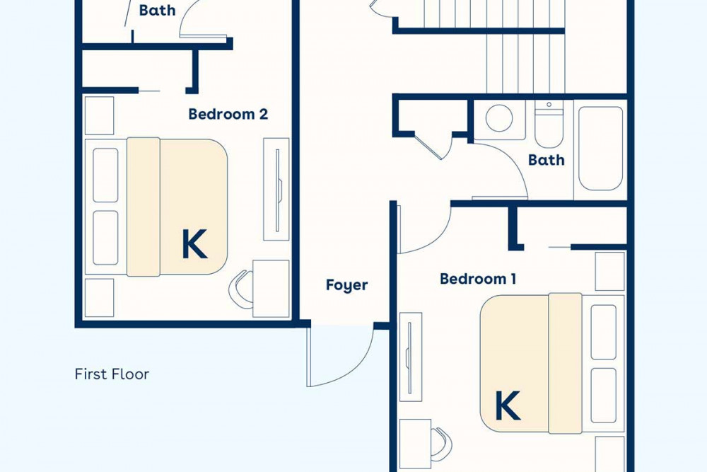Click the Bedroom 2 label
pyautogui.click(x=228, y=114)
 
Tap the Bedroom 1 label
pyautogui.click(x=478, y=279)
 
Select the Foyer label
pyautogui.click(x=346, y=285)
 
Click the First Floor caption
pyautogui.click(x=112, y=374)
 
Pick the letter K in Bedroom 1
pyautogui.click(x=508, y=405)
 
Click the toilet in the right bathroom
pyautogui.click(x=549, y=124)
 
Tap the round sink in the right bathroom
pyautogui.click(x=499, y=118)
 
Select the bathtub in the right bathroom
pyautogui.click(x=600, y=149)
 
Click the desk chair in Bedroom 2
pyautogui.click(x=240, y=289)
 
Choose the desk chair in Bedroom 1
pyautogui.click(x=441, y=444)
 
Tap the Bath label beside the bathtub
pyautogui.click(x=546, y=160)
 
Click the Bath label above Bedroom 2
pyautogui.click(x=157, y=11)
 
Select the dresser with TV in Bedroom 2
pyautogui.click(x=276, y=189)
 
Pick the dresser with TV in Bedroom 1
pyautogui.click(x=410, y=357)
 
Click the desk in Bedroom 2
pyautogui.click(x=271, y=289)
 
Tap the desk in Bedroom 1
pyautogui.click(x=415, y=444)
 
